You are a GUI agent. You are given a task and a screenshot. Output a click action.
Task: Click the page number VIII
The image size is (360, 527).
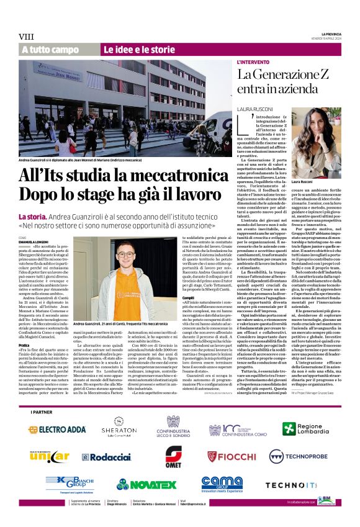coord(27,37)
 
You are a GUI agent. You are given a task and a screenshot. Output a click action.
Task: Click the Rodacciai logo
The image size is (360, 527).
coord(106,457)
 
